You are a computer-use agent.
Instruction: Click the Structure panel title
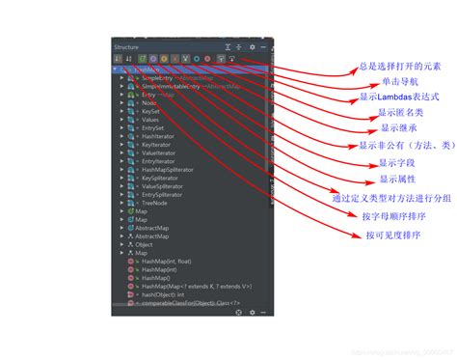(127, 46)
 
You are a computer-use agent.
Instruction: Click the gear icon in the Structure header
(252, 46)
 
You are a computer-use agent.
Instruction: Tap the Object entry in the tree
(144, 244)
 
